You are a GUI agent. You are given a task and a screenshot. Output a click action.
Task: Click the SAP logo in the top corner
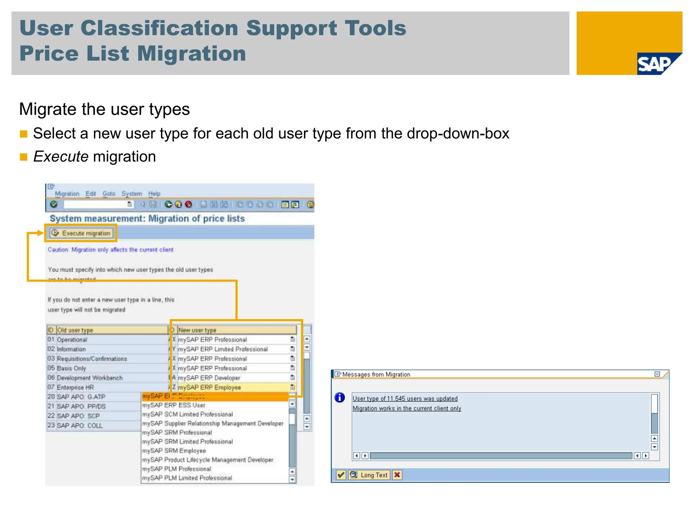pos(657,64)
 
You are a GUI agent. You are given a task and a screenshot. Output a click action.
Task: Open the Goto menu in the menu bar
pos(109,194)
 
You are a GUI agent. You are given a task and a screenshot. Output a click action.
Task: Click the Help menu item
pos(154,194)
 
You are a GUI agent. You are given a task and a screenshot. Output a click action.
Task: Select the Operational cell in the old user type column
pos(72,340)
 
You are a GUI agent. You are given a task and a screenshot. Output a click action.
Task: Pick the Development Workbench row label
pos(90,378)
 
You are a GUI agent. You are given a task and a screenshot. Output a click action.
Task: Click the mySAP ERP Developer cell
pos(209,378)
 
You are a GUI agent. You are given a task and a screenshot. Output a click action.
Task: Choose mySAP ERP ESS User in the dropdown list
pos(173,405)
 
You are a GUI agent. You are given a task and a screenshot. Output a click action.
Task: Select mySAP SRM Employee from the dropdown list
pos(174,451)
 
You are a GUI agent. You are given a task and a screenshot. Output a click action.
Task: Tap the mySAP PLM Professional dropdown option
pos(176,469)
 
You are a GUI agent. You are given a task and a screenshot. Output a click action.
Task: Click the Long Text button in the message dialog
pos(369,475)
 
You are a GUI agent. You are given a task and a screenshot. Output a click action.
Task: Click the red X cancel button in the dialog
pos(397,475)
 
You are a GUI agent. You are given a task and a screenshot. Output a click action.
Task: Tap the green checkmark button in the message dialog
pos(341,475)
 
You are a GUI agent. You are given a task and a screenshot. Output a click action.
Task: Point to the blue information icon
pos(340,397)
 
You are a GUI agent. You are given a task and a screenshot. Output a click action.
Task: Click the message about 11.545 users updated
pos(405,399)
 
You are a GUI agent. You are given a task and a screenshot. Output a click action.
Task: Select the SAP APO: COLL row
pos(80,426)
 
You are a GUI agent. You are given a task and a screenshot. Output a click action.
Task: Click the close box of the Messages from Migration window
pos(657,374)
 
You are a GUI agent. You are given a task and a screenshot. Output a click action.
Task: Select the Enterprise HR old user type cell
pos(75,387)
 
